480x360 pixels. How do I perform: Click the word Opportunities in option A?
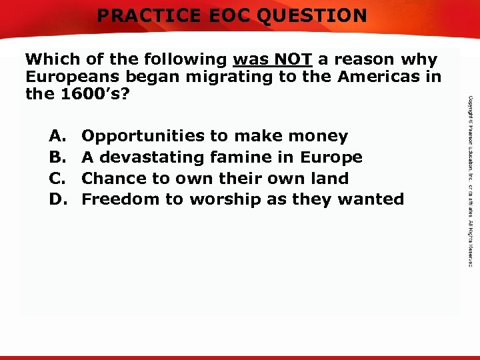click(143, 137)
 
